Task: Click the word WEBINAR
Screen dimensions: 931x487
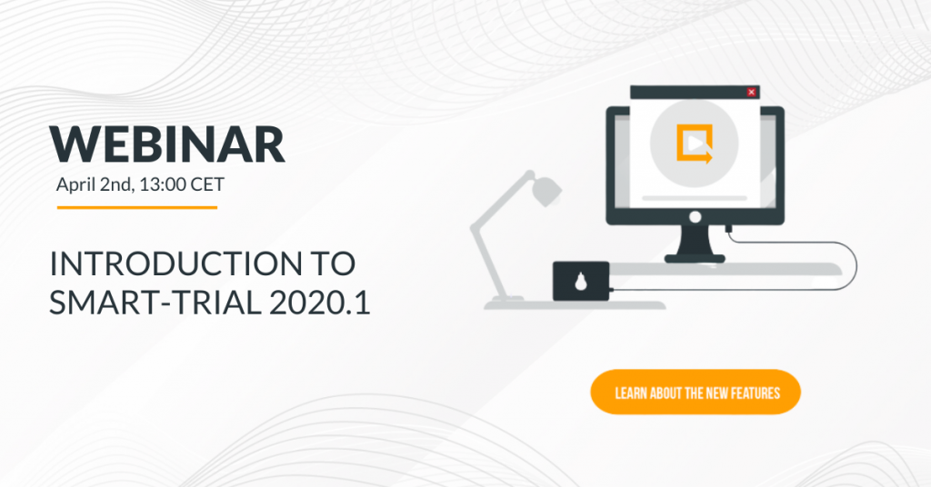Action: click(x=167, y=144)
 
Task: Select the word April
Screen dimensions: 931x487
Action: click(x=75, y=185)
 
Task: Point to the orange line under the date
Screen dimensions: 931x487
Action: click(x=137, y=208)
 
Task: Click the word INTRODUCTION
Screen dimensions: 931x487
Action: click(x=175, y=264)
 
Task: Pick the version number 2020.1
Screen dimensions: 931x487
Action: click(x=319, y=303)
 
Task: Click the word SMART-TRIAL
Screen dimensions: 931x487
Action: click(x=155, y=303)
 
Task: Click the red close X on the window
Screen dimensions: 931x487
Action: click(x=751, y=92)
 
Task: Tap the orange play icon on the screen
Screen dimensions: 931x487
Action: click(x=694, y=143)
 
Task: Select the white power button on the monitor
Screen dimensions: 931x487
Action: click(x=695, y=217)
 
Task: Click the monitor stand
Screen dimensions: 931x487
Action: click(x=695, y=243)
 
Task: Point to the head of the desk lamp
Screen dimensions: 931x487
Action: click(x=545, y=189)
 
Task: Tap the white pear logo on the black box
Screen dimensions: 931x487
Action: click(x=581, y=283)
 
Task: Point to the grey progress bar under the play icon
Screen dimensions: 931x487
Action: click(x=695, y=197)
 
